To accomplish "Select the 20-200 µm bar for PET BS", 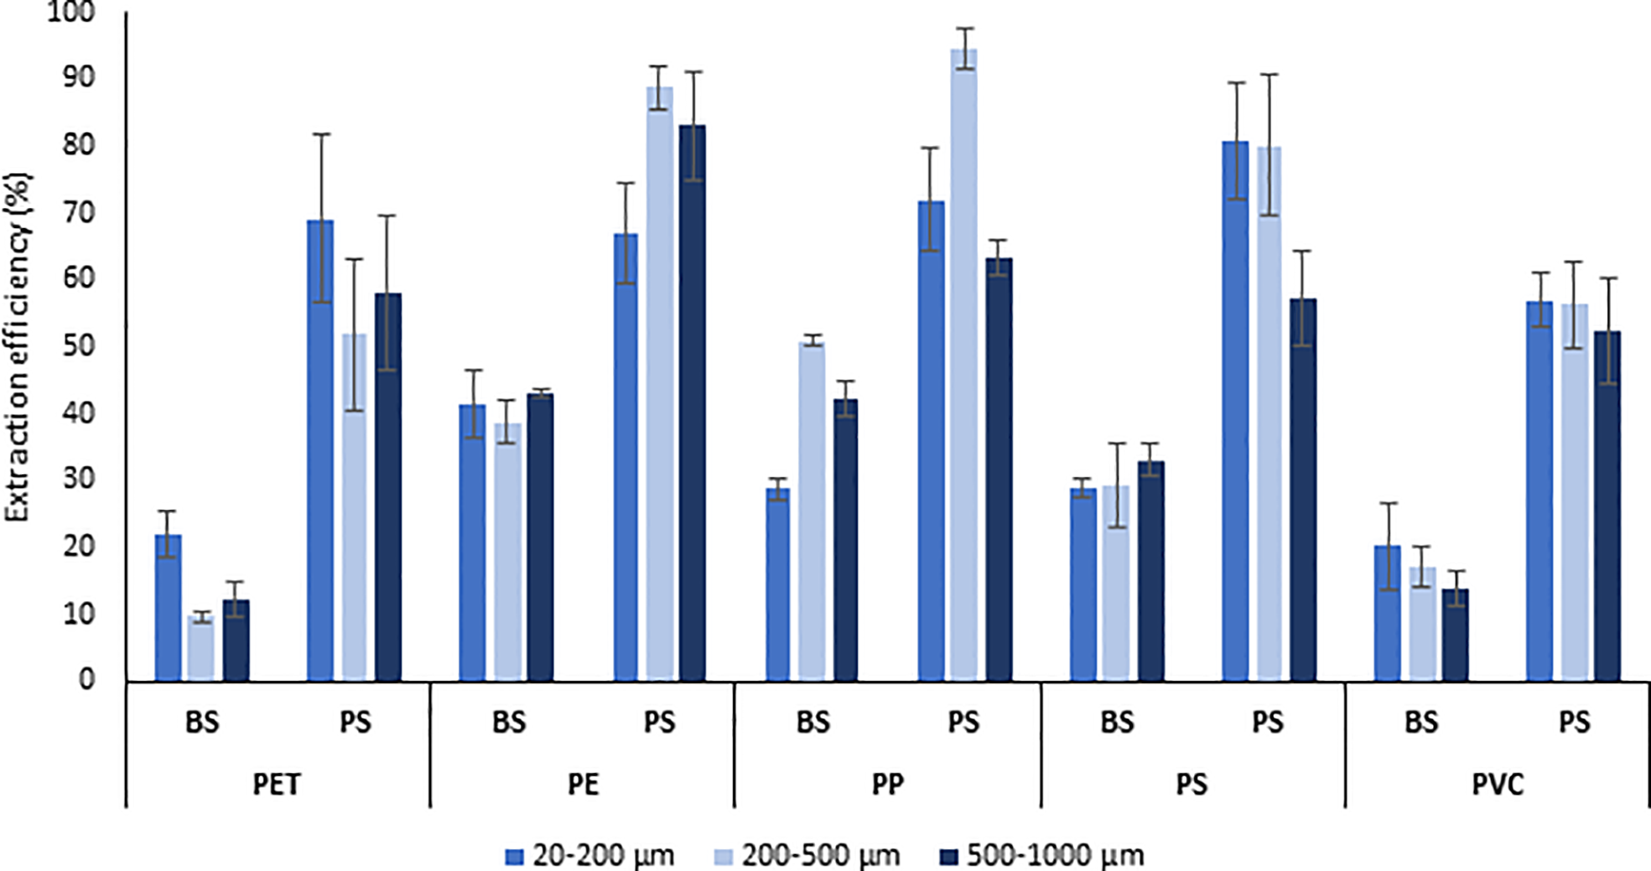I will point(168,608).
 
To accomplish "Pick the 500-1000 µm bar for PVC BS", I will point(1456,635).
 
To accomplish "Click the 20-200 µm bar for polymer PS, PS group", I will point(1235,411).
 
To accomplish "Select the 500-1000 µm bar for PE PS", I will point(693,402).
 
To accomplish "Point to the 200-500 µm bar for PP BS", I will point(812,511).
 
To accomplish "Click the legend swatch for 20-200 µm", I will point(515,856).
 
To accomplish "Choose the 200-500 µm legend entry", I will point(820,856).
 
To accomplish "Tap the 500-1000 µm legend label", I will point(1055,856).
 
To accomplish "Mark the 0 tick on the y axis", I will point(87,679).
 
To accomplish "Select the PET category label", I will point(277,785).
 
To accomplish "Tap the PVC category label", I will point(1498,785).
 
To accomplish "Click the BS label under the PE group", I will point(508,723).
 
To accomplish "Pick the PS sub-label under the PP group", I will point(963,723).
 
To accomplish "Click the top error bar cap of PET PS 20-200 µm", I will point(321,134).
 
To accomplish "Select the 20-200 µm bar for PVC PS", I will point(1539,491).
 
